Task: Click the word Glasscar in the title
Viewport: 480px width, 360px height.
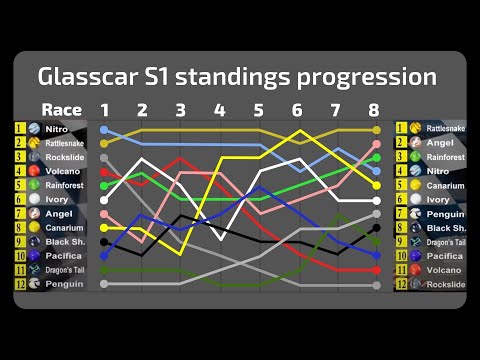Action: click(x=91, y=76)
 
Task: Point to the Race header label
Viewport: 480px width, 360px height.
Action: click(x=61, y=109)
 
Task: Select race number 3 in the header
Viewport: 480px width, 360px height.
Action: click(x=180, y=109)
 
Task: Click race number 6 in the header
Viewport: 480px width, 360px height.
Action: click(x=297, y=109)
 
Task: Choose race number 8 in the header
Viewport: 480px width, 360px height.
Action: click(x=373, y=109)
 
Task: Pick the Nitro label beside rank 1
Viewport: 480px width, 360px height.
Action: click(x=56, y=130)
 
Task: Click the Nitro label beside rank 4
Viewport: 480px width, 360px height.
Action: click(x=438, y=171)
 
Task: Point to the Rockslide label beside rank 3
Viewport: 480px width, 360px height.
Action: click(x=65, y=158)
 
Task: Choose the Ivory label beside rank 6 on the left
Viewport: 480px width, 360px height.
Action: click(x=56, y=200)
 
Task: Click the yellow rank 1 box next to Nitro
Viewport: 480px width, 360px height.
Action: click(x=19, y=129)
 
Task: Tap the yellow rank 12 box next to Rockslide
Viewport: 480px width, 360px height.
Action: click(x=401, y=284)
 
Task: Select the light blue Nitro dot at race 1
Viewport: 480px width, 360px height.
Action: click(x=104, y=130)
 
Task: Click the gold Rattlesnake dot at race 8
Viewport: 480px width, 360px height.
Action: click(x=376, y=130)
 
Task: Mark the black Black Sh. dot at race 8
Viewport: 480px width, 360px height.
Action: click(x=376, y=228)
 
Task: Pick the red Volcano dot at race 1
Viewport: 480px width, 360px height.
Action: click(x=104, y=172)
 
